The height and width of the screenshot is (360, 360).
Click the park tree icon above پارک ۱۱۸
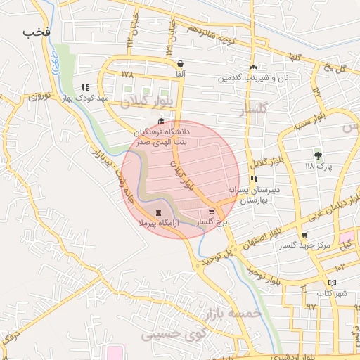point(319,155)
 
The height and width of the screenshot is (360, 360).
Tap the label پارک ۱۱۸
point(319,167)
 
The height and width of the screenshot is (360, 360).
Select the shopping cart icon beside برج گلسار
point(212,212)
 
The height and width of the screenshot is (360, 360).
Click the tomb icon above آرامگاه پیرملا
point(157,212)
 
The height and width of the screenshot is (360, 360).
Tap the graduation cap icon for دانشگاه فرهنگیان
point(162,121)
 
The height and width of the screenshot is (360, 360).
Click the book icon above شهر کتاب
point(332,282)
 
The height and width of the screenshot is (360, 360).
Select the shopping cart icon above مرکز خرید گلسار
point(304,236)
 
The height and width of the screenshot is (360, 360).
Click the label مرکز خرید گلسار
point(303,246)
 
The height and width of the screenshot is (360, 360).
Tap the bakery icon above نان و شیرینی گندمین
point(253,67)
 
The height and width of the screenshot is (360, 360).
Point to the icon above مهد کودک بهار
point(85,88)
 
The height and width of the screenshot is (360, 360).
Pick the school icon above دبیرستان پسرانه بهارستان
point(253,179)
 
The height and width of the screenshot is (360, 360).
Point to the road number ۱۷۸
point(127,74)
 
